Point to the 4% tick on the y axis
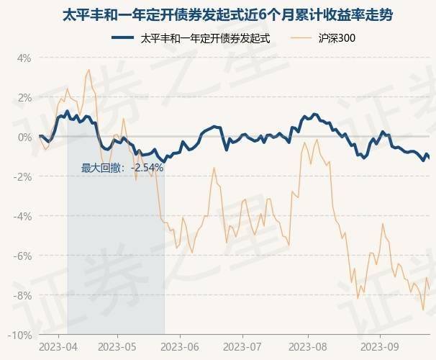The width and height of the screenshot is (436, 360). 24,58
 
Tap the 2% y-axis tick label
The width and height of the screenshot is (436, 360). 24,97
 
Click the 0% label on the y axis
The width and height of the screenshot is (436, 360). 24,137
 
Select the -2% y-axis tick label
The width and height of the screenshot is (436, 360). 22,176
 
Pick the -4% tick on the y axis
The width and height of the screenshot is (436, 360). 22,216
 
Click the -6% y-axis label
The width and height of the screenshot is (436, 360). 22,256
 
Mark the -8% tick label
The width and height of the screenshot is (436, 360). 22,295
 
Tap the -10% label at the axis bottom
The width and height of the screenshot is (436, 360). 20,335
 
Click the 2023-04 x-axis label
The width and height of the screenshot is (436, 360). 58,347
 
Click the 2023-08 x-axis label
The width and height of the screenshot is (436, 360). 308,347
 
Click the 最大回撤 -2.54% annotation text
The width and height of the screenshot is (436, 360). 122,168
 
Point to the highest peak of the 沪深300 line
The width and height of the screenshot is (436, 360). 88,70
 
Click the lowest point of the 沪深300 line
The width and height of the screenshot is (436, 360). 423,310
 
